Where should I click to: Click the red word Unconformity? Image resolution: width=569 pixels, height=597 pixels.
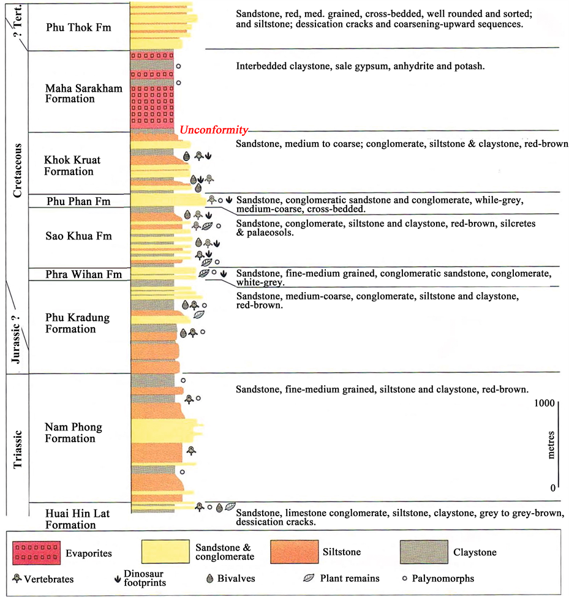tap(214, 130)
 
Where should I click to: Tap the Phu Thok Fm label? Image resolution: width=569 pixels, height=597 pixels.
tap(78, 28)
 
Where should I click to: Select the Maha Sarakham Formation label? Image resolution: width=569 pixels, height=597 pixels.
tap(84, 94)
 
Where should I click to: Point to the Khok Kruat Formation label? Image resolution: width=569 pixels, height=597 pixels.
tap(72, 165)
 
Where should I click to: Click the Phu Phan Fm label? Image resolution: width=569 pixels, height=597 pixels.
tap(78, 201)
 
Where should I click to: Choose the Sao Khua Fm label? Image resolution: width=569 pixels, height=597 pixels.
tap(78, 236)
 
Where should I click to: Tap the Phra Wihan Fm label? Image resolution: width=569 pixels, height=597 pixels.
tap(83, 274)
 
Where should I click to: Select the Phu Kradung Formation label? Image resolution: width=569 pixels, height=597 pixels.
tap(77, 323)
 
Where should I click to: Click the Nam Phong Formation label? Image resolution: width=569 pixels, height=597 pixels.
tap(73, 432)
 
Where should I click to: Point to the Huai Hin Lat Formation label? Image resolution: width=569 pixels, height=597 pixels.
tap(77, 519)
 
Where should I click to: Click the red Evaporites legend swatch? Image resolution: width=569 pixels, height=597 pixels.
tap(36, 553)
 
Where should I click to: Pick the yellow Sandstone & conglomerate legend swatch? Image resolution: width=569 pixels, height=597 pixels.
tap(165, 551)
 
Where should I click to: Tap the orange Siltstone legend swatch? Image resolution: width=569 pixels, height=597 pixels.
tap(295, 551)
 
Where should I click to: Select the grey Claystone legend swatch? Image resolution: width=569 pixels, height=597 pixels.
tap(424, 552)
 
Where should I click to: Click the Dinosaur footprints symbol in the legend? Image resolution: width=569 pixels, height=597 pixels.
tap(118, 579)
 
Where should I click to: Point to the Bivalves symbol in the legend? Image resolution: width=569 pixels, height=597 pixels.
tap(209, 579)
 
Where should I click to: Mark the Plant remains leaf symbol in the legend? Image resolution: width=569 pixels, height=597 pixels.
tap(309, 579)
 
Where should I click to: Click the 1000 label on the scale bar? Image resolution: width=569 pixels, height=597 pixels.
tap(545, 403)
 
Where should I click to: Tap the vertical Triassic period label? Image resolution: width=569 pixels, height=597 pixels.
tap(18, 449)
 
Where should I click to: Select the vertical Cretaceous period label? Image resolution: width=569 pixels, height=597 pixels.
tap(18, 171)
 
